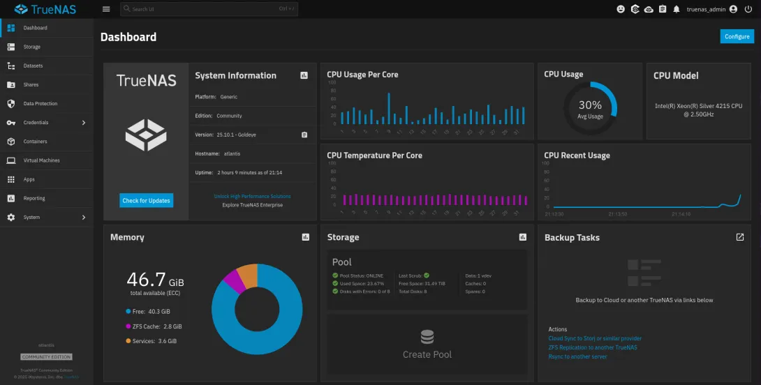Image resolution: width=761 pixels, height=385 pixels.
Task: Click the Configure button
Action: [737, 36]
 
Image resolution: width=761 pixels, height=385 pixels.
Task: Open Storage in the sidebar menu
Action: [32, 47]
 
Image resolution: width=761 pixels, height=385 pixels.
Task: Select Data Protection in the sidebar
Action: [40, 103]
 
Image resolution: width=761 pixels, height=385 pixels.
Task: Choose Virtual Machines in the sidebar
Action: [41, 160]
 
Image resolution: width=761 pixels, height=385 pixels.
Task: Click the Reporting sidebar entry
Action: [34, 198]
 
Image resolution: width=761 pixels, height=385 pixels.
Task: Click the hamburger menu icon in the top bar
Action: [106, 9]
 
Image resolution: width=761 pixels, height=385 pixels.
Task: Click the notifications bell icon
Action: [677, 9]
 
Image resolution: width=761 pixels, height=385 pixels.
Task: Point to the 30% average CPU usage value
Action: [590, 105]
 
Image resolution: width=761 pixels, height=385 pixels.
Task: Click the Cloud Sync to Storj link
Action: [595, 338]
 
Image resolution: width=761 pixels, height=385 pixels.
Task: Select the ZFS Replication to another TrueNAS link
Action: [593, 347]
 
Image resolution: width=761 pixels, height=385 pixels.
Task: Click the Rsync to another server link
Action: [577, 356]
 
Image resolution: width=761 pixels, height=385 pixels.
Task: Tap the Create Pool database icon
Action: [427, 338]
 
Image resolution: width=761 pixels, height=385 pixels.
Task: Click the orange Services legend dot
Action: [128, 341]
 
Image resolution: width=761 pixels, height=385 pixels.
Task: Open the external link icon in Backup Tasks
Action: [740, 237]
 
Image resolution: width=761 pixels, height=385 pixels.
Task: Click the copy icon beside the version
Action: [304, 135]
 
